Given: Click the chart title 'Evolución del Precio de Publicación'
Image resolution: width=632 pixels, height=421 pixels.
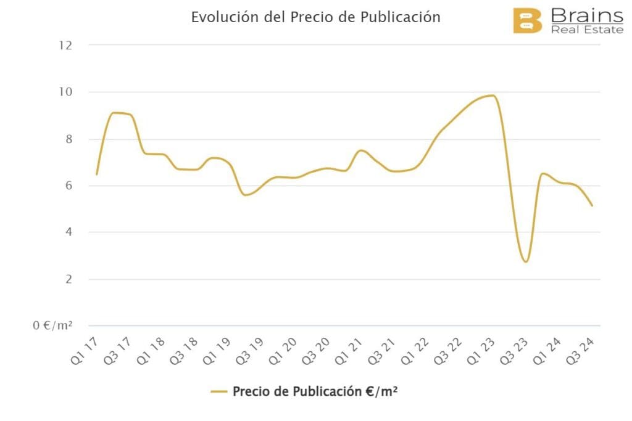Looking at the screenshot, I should click(315, 17).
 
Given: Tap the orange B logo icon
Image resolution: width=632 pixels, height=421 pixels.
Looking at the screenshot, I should click(527, 21).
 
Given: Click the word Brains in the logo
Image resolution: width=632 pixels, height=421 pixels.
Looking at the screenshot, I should click(586, 15).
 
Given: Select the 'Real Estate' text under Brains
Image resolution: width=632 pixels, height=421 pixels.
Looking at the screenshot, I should click(588, 30).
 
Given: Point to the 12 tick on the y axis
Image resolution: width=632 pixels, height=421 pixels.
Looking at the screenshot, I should click(65, 45).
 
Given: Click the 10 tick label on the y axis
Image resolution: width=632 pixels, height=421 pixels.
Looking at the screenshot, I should click(65, 92).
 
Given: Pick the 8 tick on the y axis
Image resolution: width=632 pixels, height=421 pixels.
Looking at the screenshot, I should click(68, 139).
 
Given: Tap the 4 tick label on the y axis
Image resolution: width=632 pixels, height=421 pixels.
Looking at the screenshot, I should click(68, 232).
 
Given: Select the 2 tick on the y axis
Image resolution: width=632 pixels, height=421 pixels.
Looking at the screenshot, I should click(68, 279).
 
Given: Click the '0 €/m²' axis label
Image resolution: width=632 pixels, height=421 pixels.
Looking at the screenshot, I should click(53, 325).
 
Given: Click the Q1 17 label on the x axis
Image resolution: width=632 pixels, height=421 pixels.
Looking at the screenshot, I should click(85, 349).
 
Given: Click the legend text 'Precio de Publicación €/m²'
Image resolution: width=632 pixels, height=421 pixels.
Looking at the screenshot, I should click(314, 391).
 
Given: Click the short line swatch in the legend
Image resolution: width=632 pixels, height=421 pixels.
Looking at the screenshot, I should click(219, 391).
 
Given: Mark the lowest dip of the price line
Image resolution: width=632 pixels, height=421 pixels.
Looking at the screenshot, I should click(525, 262).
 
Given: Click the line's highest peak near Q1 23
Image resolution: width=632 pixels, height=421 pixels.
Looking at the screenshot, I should click(492, 95).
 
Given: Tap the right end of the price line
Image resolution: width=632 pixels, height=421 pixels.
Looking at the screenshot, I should click(592, 205).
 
